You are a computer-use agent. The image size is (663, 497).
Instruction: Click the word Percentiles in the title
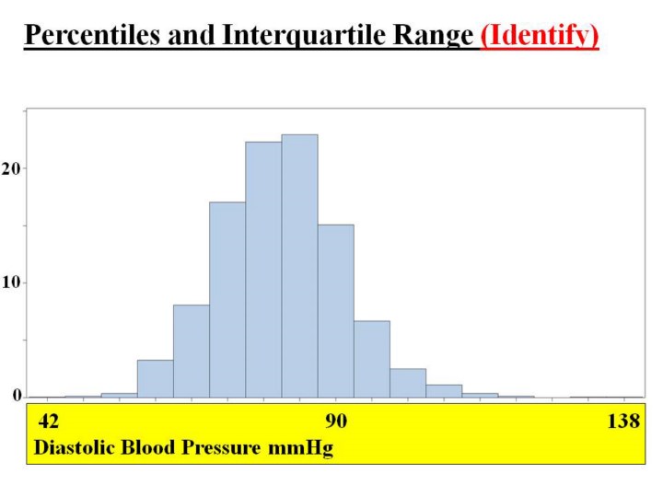92,35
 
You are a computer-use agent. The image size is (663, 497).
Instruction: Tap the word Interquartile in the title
304,36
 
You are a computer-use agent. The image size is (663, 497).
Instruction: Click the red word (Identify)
540,36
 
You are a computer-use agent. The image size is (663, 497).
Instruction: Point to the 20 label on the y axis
10,169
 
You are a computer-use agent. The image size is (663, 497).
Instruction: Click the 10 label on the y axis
10,283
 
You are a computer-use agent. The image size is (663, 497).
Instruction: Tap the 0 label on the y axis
17,396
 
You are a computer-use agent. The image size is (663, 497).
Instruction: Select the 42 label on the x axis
49,422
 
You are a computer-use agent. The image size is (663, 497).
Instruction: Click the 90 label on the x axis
336,422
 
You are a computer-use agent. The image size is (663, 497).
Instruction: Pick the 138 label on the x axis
623,422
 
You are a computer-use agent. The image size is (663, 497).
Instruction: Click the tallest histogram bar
300,266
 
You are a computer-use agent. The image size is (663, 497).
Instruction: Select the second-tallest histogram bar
263,270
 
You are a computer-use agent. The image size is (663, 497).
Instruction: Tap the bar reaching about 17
227,300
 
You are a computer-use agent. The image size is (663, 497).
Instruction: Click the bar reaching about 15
336,311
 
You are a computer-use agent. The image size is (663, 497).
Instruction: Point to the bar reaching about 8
192,352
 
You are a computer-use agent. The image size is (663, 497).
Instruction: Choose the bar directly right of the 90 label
372,359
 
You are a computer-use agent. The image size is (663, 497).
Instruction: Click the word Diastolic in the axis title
74,447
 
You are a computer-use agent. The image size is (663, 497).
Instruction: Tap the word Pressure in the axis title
221,447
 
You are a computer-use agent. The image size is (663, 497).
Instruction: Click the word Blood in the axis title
147,447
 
